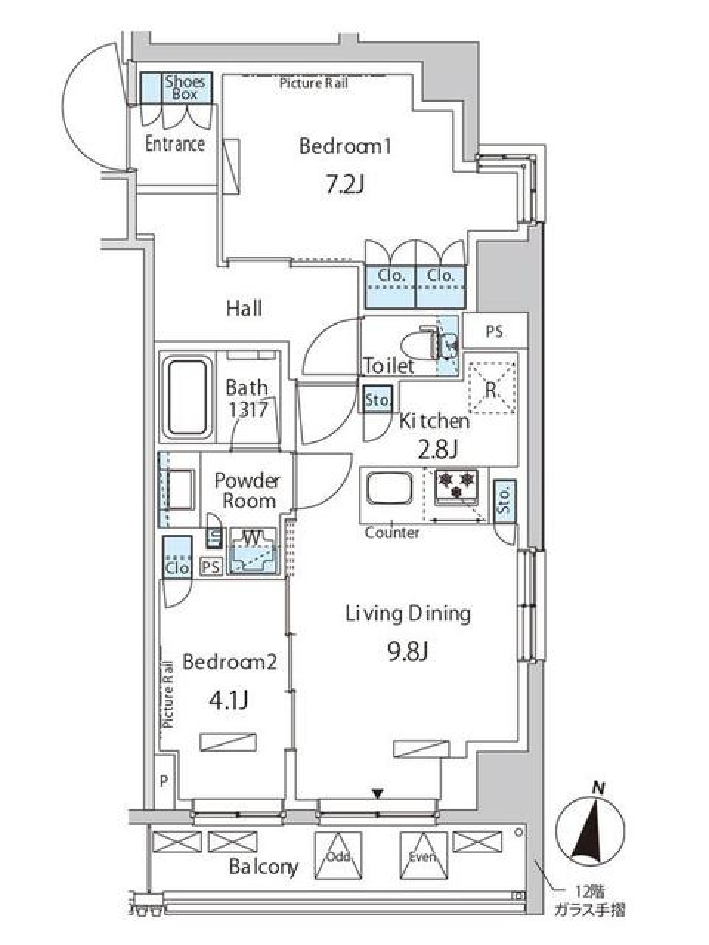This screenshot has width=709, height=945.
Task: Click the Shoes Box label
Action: [x=186, y=88]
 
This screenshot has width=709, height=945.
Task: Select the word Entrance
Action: [x=175, y=144]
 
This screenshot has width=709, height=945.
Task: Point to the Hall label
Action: [x=244, y=309]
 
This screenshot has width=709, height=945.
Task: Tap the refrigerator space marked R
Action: [x=492, y=388]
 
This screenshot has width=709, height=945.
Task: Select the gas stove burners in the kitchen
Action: [x=456, y=487]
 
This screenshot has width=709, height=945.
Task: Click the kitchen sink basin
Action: [x=388, y=489]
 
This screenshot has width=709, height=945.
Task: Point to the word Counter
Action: [x=392, y=532]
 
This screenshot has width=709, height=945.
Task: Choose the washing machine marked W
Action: [x=253, y=551]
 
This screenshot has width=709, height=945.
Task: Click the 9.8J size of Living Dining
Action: [x=407, y=652]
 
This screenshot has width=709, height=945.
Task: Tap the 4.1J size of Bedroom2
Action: [x=228, y=700]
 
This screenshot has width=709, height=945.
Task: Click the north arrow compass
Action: [x=590, y=828]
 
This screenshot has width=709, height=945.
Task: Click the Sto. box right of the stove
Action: [x=505, y=501]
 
